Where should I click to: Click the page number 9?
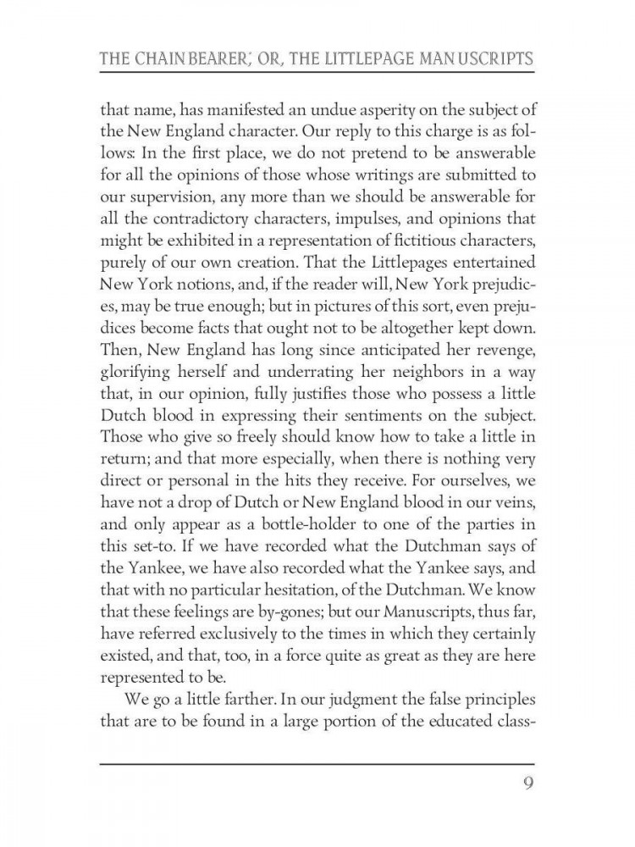point(527,781)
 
